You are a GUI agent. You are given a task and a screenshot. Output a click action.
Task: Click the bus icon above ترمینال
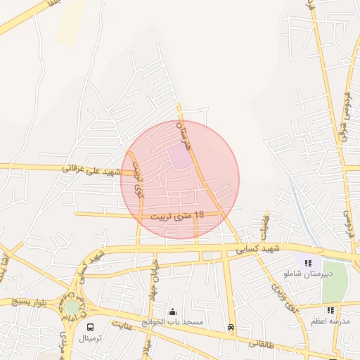tap(91, 327)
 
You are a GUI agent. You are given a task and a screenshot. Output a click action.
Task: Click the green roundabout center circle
tap(72, 307)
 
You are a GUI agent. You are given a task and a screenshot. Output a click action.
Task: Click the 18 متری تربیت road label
tap(176, 215)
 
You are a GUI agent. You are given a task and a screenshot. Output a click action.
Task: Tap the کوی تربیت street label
tap(137, 180)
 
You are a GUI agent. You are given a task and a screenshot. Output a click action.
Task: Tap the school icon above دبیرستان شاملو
tap(307, 263)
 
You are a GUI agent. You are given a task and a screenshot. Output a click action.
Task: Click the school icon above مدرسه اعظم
tap(330, 310)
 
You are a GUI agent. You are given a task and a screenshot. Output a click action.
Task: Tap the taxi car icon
tap(231, 327)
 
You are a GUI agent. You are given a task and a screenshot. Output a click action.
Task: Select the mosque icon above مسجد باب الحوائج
tap(173, 312)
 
